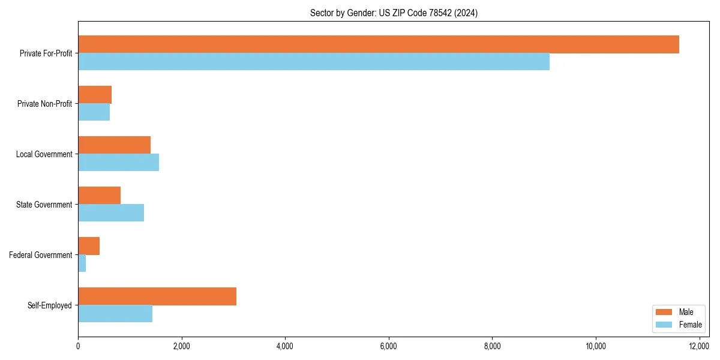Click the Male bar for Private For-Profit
coord(378,44)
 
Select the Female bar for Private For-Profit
coord(313,62)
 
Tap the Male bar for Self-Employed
coord(157,296)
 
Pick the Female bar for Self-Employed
coord(115,314)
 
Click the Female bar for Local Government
coord(118,163)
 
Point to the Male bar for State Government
coord(99,196)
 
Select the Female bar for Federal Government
coord(82,263)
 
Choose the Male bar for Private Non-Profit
coord(95,95)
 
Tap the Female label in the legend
coord(690,325)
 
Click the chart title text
coord(394,13)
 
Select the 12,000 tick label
coord(700,346)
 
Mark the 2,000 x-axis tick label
coord(181,346)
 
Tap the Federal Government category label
coord(40,255)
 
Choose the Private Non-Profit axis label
coord(44,104)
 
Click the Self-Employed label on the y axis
coord(49,305)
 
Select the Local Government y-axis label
coord(44,154)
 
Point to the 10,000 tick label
coord(596,346)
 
